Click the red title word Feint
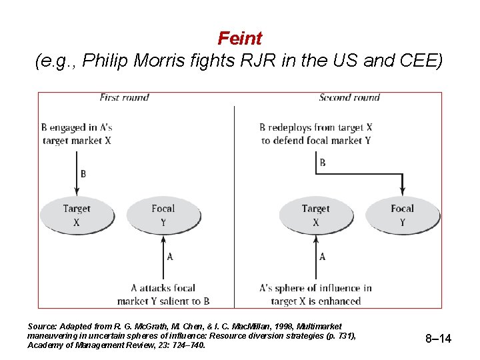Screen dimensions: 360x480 (240, 39)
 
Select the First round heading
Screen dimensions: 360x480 (124, 97)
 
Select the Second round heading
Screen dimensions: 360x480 (349, 97)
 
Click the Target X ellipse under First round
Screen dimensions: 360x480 (77, 215)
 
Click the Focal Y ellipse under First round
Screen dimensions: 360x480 (163, 215)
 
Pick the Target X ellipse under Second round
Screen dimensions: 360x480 (315, 215)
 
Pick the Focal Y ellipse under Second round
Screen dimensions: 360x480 (402, 215)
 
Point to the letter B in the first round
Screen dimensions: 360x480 (83, 174)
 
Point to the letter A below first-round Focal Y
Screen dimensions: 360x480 (170, 257)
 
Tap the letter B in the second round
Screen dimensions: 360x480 (323, 162)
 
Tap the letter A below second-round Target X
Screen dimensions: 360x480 (323, 257)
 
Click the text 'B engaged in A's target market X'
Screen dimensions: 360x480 (76, 134)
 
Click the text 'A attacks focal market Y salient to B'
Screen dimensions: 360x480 (163, 295)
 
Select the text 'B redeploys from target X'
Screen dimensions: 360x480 (316, 127)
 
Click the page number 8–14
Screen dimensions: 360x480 (438, 339)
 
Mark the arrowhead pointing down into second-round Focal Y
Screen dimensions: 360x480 (402, 193)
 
